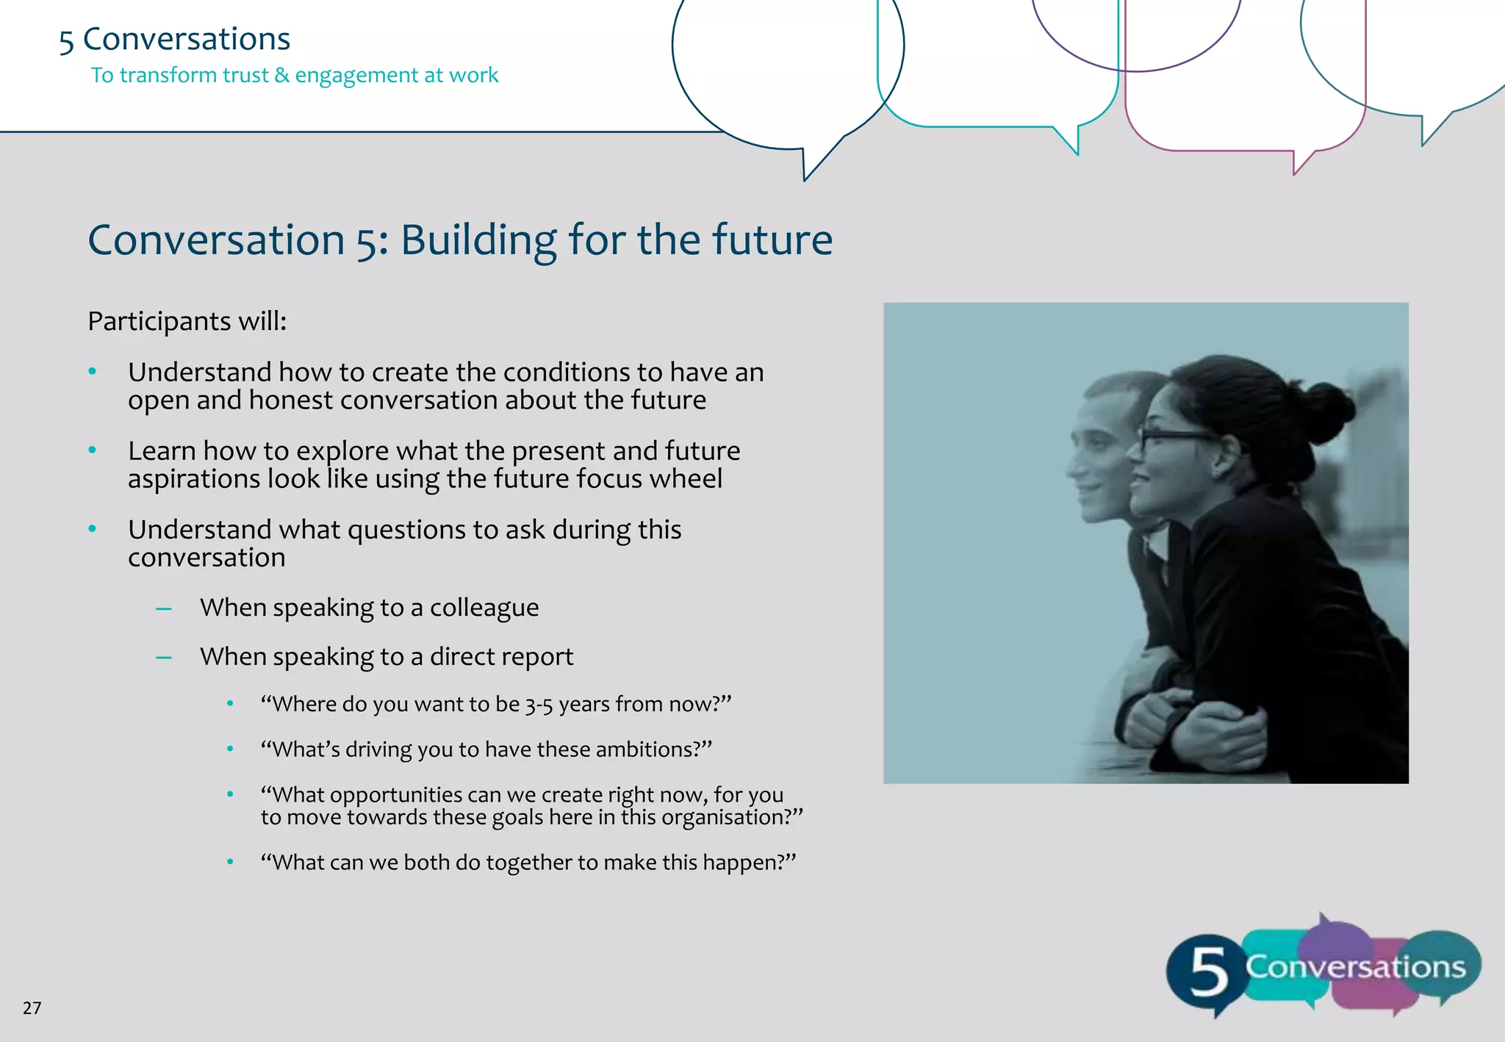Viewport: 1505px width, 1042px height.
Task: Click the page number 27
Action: pyautogui.click(x=32, y=1007)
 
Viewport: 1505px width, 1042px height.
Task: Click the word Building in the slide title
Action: pyautogui.click(x=478, y=240)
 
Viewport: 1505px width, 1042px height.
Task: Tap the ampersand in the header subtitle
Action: pyautogui.click(x=281, y=75)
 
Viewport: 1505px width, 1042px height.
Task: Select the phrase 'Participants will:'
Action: pyautogui.click(x=187, y=321)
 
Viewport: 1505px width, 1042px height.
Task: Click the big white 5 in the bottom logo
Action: pyautogui.click(x=1208, y=971)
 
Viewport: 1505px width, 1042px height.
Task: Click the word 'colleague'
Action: pyautogui.click(x=484, y=608)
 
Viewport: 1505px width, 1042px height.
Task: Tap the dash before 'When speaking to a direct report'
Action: pyautogui.click(x=164, y=657)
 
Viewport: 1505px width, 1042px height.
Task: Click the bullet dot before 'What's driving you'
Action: pyautogui.click(x=230, y=749)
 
